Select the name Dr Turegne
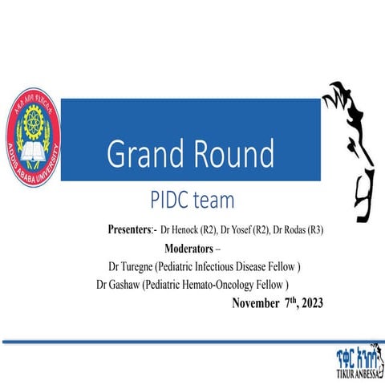click(x=133, y=265)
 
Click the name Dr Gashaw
click(x=117, y=284)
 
